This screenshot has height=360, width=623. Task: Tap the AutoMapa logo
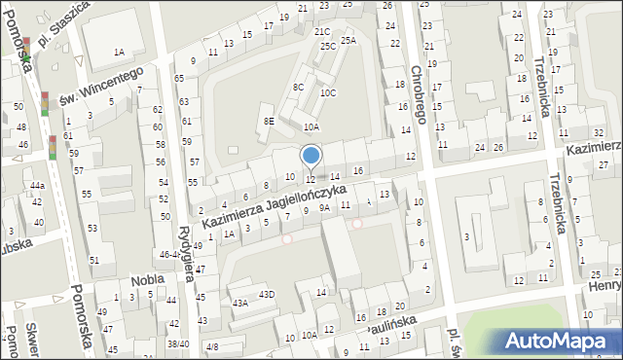(560, 341)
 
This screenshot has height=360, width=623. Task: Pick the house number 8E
(268, 122)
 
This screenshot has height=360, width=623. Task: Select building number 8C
(298, 88)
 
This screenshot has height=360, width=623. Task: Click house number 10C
(328, 92)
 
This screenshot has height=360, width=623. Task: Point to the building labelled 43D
(266, 295)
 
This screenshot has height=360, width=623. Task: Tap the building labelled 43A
(239, 303)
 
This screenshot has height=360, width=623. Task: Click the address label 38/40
(177, 343)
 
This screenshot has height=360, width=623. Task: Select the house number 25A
(348, 40)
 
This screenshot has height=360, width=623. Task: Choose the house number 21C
(321, 32)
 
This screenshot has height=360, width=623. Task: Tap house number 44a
(37, 185)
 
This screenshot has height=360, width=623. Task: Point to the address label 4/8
(212, 346)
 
